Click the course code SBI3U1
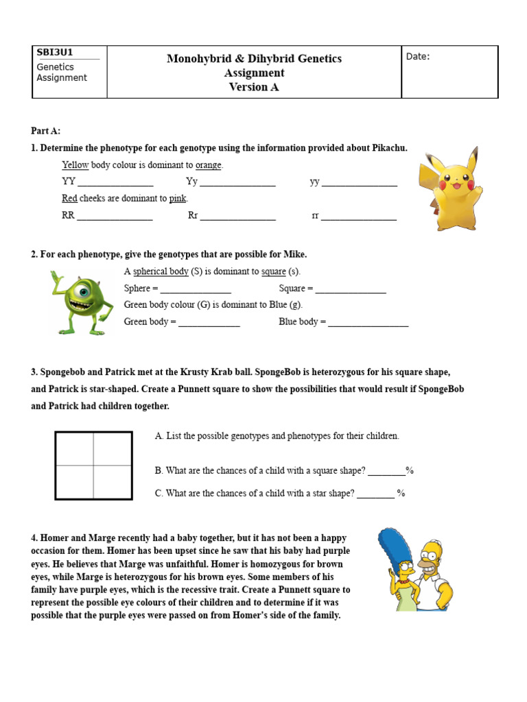click(55, 53)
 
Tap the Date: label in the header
click(418, 56)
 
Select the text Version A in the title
click(254, 87)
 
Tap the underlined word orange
click(209, 165)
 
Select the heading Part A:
click(46, 131)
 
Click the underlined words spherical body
click(161, 271)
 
